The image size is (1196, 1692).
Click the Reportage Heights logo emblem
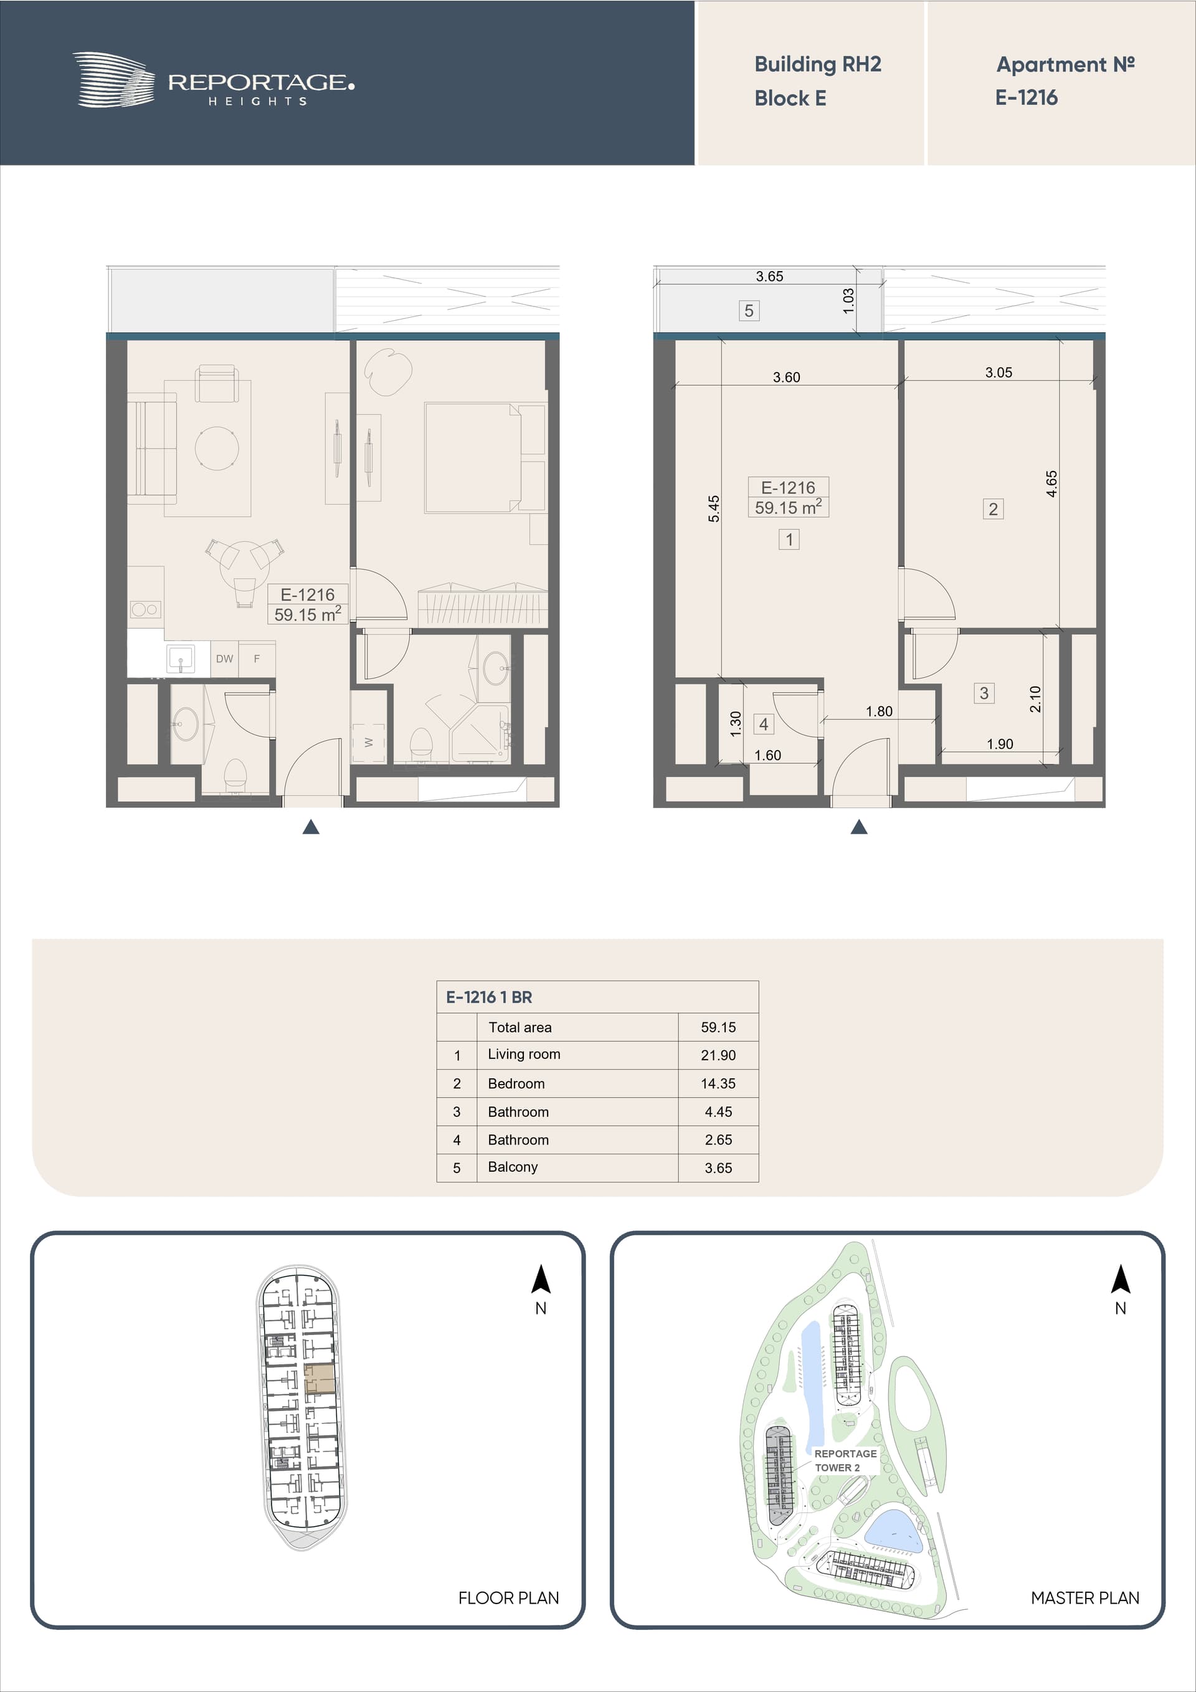[x=113, y=80]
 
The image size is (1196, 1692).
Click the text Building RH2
[x=817, y=65]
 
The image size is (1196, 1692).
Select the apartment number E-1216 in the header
[x=1026, y=97]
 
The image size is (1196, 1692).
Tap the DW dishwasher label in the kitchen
[x=225, y=659]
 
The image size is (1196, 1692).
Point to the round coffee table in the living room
[x=217, y=448]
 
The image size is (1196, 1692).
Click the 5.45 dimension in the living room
[x=713, y=508]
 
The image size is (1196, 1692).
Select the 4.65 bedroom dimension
[x=1051, y=483]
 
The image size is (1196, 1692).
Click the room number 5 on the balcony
[x=749, y=311]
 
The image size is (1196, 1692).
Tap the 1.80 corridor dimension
[x=878, y=711]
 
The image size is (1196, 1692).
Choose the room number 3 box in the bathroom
[x=984, y=693]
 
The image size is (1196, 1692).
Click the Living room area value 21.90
[x=718, y=1055]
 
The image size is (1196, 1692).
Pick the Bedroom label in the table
[x=516, y=1083]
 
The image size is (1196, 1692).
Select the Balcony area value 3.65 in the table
[x=718, y=1168]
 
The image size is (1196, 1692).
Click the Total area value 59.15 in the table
[x=718, y=1027]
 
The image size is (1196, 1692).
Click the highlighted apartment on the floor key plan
[x=320, y=1378]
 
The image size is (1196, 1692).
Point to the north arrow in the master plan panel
[x=1120, y=1280]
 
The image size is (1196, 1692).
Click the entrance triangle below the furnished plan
[x=311, y=827]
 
